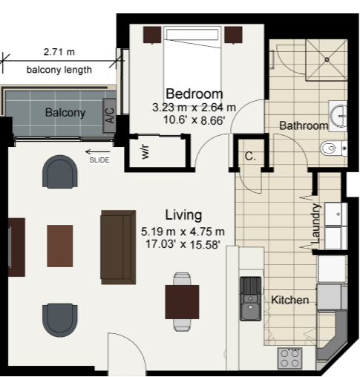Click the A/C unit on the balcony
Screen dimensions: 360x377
109,115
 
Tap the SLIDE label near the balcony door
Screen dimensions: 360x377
99,160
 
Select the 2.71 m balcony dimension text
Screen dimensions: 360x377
59,52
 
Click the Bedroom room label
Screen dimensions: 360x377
194,94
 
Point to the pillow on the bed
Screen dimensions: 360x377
192,34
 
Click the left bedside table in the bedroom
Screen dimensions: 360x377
152,35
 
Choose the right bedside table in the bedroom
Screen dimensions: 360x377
233,35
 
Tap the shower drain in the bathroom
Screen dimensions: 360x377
327,59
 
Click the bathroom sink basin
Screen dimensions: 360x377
339,116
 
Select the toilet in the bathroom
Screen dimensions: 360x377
333,148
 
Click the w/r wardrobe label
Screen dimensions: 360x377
145,152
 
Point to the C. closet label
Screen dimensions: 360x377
250,156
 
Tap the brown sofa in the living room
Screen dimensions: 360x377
118,247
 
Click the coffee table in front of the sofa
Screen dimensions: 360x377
60,246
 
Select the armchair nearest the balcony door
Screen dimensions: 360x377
60,171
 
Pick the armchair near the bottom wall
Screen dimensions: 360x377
60,320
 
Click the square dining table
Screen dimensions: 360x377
182,302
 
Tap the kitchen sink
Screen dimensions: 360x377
251,298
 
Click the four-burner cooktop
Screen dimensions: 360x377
289,358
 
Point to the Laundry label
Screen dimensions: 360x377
315,223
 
